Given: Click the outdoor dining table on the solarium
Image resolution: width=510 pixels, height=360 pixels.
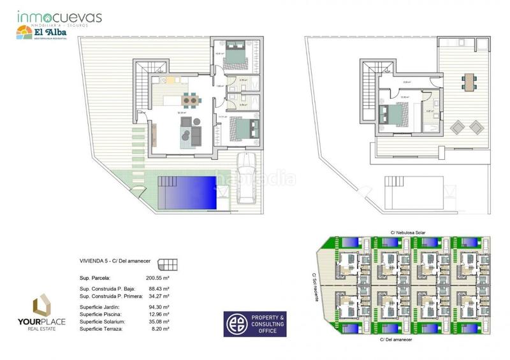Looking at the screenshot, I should pos(470,81).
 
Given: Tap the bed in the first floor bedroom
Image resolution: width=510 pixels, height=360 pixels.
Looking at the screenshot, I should pos(389,115).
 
